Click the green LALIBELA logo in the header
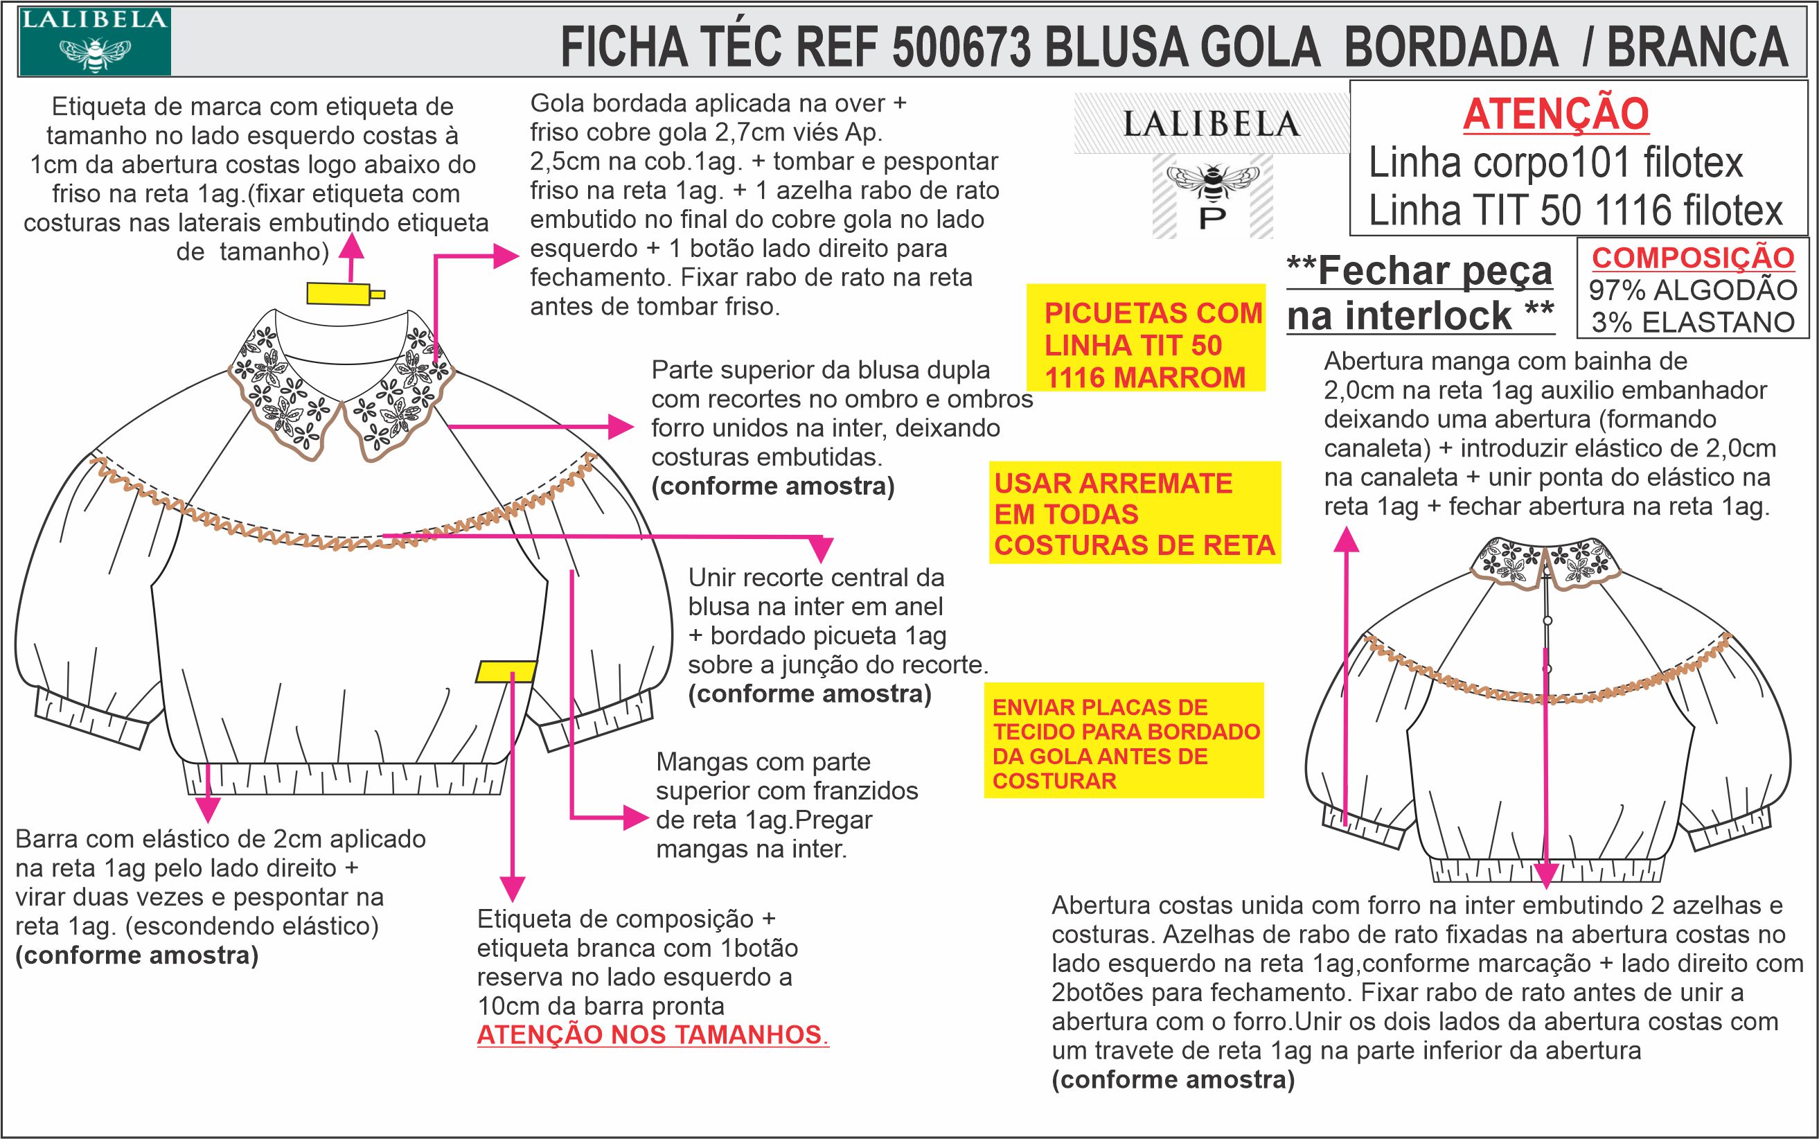(x=95, y=42)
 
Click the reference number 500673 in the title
(x=960, y=46)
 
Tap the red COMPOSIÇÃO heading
(x=1692, y=258)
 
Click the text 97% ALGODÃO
(x=1692, y=290)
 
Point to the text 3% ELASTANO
(x=1692, y=322)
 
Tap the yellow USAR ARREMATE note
(x=1135, y=514)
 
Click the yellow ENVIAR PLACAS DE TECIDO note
(x=1124, y=743)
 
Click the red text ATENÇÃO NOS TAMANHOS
(x=653, y=1035)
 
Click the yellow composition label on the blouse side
(x=507, y=671)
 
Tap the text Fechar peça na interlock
(x=1420, y=293)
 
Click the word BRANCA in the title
(x=1696, y=46)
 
